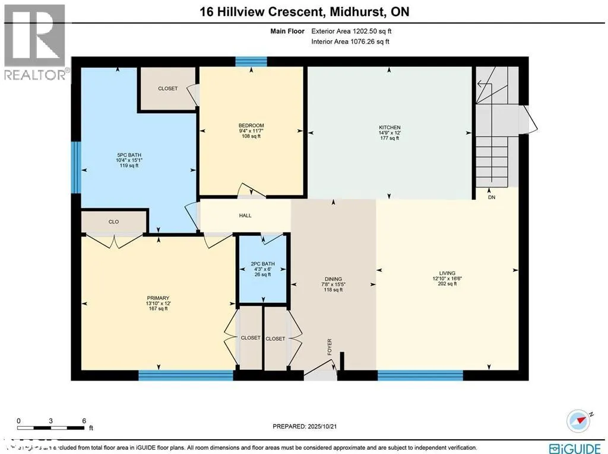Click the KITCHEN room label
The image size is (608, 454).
coord(389,127)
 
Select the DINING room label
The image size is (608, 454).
coord(333,279)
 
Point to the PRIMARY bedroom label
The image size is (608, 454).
coord(158,298)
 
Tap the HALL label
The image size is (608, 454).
coord(245,215)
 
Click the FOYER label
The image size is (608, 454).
coord(330,347)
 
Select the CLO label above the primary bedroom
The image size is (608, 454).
coord(113,222)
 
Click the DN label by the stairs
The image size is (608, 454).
coord(491,197)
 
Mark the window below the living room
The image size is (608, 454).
coord(420,375)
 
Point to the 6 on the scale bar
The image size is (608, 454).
coord(84,420)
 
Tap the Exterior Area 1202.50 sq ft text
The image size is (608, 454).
coord(350,31)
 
